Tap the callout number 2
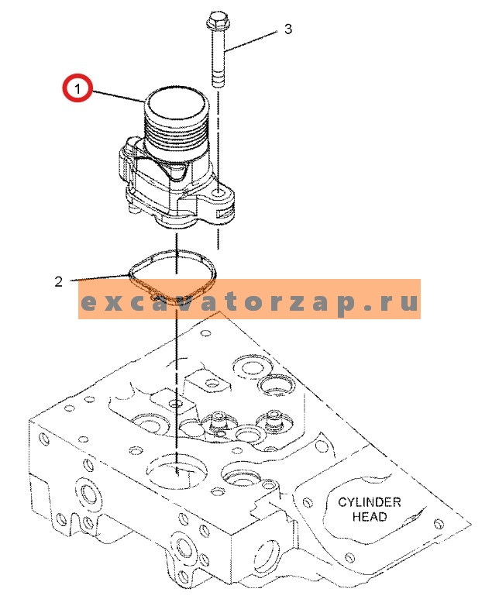coord(59,281)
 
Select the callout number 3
coord(288,29)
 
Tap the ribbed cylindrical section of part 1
coord(177,139)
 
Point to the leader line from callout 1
coord(117,96)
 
